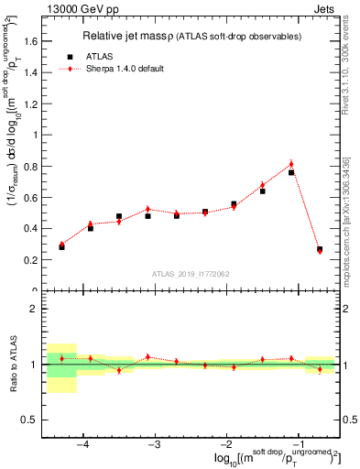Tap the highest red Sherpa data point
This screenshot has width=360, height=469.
[291, 164]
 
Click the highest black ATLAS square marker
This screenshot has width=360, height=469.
[291, 172]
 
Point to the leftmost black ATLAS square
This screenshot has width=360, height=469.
[61, 247]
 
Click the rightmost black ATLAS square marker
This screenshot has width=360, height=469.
[320, 248]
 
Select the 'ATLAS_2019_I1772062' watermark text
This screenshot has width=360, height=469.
[190, 274]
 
